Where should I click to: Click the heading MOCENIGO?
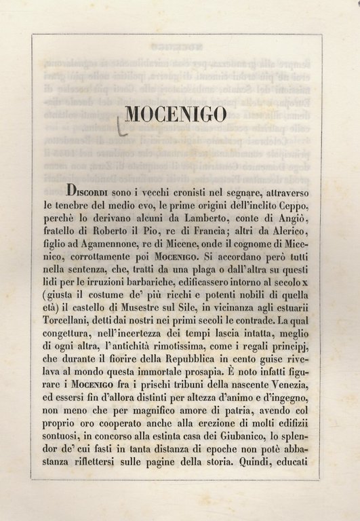pos(176,115)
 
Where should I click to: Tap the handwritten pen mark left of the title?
pos(120,127)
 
